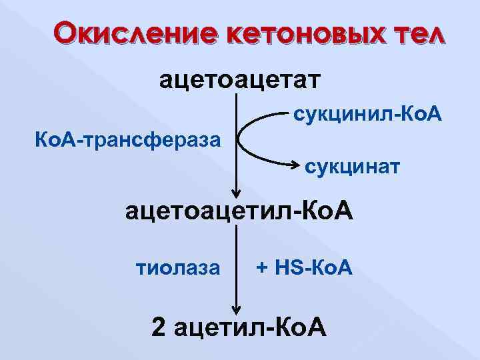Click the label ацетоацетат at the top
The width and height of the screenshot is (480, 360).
(x=239, y=81)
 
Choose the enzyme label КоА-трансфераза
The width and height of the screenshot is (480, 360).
(x=127, y=141)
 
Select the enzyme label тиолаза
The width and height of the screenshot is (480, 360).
(x=177, y=268)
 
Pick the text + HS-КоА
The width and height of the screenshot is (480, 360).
(x=304, y=268)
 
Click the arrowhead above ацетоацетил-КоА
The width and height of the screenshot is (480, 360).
(x=236, y=191)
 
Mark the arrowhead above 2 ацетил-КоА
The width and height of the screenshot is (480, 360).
(x=236, y=307)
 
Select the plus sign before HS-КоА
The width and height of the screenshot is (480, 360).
(x=262, y=269)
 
